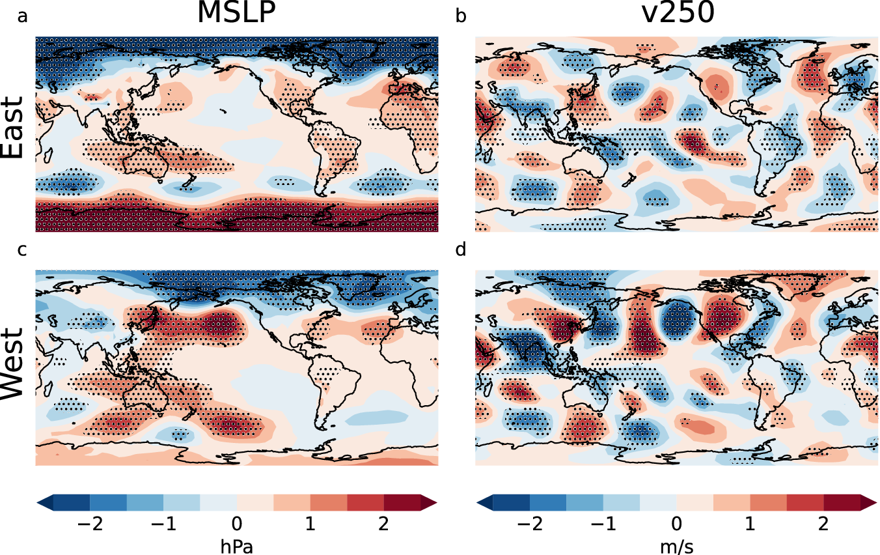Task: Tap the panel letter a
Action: pos(23,16)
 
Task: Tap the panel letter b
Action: pos(461,16)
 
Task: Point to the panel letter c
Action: pos(23,250)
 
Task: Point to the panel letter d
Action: pos(461,250)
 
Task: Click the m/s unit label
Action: pos(677,547)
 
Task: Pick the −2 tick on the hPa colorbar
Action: pos(90,525)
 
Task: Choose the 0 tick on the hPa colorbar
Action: pos(236,525)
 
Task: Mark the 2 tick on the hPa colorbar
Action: pos(383,525)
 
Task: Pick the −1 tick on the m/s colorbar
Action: pos(603,525)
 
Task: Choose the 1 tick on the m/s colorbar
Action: pos(750,525)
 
